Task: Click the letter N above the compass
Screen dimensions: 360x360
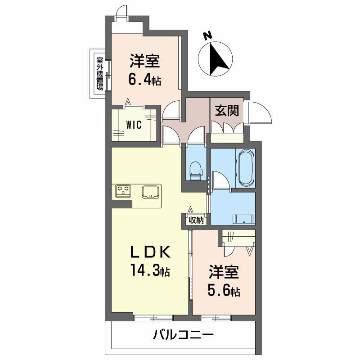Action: pos(208,36)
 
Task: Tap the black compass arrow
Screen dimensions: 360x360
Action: pos(218,59)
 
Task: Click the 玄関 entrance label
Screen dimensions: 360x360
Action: pos(227,110)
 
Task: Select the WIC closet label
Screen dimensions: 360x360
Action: pos(134,125)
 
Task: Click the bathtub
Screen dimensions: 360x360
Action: pos(247,167)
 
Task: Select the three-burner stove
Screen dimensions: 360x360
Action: pos(123,191)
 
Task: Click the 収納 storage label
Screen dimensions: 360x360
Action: pos(196,220)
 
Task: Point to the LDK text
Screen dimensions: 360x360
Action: pos(150,252)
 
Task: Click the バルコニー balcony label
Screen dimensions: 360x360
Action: pos(183,335)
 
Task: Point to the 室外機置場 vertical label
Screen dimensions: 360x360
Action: pos(99,73)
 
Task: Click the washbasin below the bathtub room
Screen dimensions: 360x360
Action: pos(244,219)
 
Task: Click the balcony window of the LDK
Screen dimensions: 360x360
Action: pos(153,318)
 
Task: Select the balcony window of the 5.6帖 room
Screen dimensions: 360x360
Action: pos(216,318)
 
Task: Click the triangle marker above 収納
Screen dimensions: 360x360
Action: pos(190,210)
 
